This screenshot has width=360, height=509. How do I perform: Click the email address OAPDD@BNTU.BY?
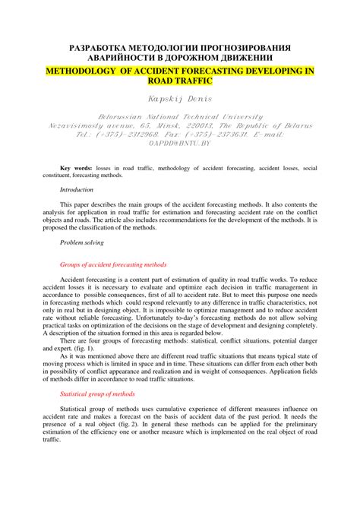click(180, 143)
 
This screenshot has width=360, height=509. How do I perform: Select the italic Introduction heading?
click(77, 189)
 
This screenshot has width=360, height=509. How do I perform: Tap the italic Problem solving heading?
click(82, 242)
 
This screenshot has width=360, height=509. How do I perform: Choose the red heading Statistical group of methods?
click(97, 394)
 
